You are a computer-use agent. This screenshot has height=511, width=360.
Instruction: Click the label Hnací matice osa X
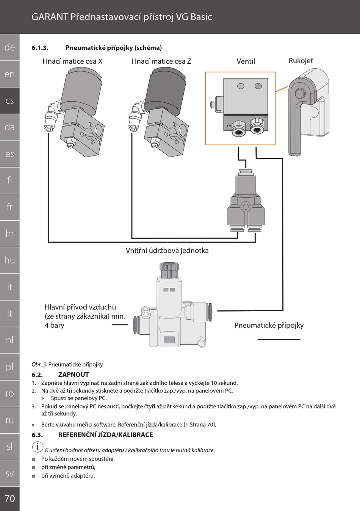72,61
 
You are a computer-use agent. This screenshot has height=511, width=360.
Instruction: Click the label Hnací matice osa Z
161,61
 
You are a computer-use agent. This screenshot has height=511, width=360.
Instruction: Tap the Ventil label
246,61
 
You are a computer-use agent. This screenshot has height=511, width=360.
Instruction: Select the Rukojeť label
301,61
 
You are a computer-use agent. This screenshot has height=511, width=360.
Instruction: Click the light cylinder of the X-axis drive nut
80,91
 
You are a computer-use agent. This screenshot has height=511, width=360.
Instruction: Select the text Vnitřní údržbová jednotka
167,251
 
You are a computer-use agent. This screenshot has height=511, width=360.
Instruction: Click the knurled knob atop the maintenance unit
169,270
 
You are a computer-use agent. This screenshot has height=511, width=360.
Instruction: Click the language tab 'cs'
9,101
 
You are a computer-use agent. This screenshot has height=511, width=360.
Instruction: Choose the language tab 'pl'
9,367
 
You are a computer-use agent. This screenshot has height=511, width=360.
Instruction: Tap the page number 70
10,498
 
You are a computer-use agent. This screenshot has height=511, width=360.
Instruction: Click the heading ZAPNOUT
74,375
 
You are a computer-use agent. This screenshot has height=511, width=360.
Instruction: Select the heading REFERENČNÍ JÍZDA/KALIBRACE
105,435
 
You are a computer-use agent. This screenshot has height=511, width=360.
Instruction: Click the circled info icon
38,447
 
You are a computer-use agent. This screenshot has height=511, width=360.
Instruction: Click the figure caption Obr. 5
67,364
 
